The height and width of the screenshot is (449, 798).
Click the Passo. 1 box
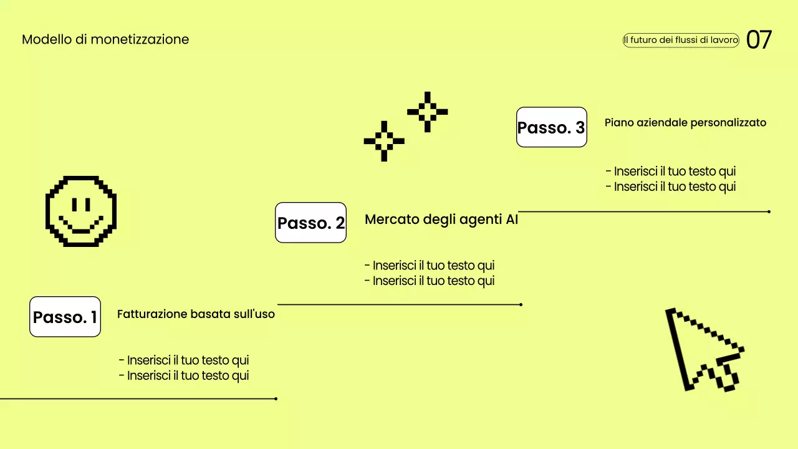pos(65,316)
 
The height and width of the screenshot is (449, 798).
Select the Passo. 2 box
pos(310,223)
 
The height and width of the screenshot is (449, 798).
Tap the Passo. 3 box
pos(552,127)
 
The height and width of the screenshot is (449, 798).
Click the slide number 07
pos(759,39)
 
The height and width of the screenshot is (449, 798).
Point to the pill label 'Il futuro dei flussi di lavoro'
pos(681,40)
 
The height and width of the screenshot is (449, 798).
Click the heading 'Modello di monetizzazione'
pos(105,39)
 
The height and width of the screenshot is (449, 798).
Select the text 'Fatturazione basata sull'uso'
pos(196,314)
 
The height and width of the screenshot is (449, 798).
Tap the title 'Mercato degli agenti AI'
pos(441,220)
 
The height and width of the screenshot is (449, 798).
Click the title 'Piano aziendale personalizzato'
pos(685,123)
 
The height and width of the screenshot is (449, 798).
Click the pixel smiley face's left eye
pos(74,205)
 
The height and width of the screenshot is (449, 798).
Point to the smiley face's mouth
pos(81,225)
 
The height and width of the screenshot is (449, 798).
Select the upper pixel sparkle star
pos(428,112)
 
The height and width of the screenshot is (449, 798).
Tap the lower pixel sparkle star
pos(384,141)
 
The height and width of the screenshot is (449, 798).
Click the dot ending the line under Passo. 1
pos(276,398)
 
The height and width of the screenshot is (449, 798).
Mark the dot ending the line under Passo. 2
pos(521,305)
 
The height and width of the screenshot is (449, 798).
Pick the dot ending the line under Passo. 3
pos(769,211)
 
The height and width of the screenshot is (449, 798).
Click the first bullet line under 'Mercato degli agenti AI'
pos(430,266)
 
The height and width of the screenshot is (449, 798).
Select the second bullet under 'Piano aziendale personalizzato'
pos(671,186)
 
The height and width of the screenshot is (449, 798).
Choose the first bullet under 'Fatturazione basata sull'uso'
pos(184,360)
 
